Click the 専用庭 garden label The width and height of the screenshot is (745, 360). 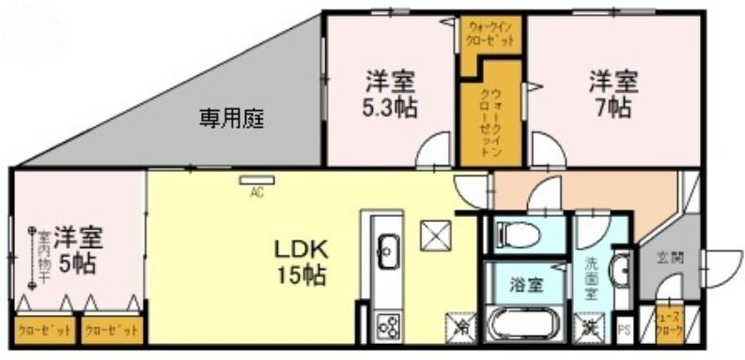(231, 119)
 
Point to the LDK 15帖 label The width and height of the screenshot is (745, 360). (300, 263)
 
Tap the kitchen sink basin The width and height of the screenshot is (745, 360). (386, 251)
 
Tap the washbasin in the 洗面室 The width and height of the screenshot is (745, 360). (619, 272)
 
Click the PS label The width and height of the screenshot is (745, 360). (624, 330)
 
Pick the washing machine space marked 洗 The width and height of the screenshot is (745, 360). (591, 328)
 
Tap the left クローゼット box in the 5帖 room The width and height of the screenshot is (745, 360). (43, 331)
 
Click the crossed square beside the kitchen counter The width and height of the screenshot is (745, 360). (435, 235)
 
